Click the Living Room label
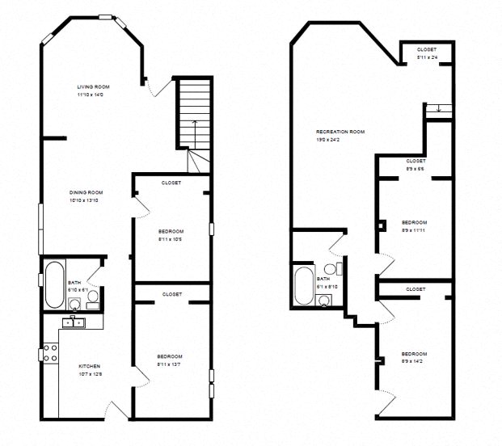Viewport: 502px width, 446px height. click(93, 86)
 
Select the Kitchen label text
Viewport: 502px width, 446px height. click(88, 366)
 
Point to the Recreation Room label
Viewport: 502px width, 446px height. click(340, 131)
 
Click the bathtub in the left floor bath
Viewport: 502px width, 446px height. click(54, 284)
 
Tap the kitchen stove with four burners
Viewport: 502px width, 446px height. click(49, 353)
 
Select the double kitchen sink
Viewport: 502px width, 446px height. click(73, 322)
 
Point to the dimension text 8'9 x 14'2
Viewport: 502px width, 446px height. click(414, 362)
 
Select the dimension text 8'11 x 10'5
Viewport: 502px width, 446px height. click(171, 238)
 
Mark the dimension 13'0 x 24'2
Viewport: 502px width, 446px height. click(340, 139)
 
